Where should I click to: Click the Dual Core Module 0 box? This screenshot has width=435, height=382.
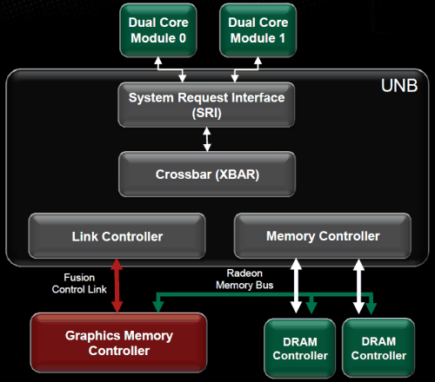tap(158, 30)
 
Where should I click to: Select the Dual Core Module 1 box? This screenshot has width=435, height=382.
tap(258, 30)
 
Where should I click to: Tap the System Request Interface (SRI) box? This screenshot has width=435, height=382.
tap(206, 105)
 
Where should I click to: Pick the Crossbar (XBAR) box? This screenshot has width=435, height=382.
tap(207, 175)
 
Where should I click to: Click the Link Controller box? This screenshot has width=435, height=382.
tap(117, 236)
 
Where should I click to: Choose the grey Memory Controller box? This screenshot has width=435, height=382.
tap(323, 236)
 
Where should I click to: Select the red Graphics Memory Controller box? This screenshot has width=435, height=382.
tap(119, 343)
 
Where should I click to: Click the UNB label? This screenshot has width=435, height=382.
tap(399, 86)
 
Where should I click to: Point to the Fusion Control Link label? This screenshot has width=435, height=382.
tap(79, 283)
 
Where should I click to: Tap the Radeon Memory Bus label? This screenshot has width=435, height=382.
tap(244, 279)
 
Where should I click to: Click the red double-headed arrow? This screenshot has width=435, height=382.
tap(117, 286)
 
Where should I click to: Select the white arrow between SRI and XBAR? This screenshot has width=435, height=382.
tap(207, 140)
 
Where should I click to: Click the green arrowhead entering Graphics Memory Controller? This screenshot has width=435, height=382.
tap(158, 306)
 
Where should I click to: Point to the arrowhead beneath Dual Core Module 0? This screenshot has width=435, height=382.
tap(158, 61)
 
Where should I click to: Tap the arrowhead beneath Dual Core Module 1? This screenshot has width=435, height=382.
tap(258, 61)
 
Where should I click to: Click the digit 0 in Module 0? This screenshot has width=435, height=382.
tap(183, 38)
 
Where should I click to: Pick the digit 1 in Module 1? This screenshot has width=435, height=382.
tap(282, 38)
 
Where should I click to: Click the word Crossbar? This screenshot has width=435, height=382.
tap(184, 175)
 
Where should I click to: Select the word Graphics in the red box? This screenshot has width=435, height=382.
tap(93, 336)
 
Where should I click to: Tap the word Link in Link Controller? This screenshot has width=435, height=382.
tap(85, 236)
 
